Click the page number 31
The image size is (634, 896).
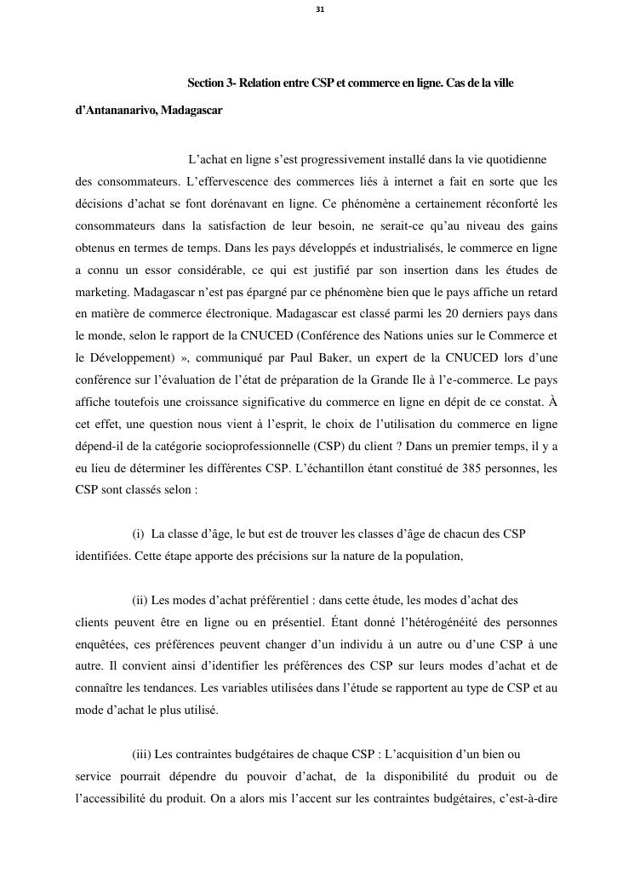pyautogui.click(x=320, y=9)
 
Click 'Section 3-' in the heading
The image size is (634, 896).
pyautogui.click(x=211, y=83)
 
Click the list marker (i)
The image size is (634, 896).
pyautogui.click(x=138, y=534)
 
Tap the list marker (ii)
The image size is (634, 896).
pyautogui.click(x=140, y=600)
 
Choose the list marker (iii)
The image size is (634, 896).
pyautogui.click(x=141, y=754)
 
